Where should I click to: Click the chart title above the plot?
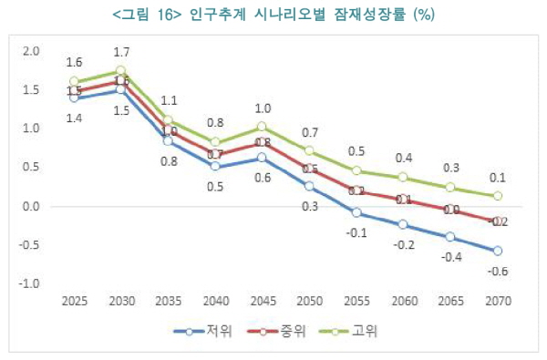pyautogui.click(x=273, y=14)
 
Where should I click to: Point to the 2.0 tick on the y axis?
pyautogui.click(x=31, y=52)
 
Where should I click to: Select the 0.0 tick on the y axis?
pyautogui.click(x=31, y=207)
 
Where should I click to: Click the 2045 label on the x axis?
pyautogui.click(x=261, y=301)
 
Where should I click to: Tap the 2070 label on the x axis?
pyautogui.click(x=498, y=301)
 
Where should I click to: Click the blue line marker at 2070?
pyautogui.click(x=498, y=251)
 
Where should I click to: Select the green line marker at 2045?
pyautogui.click(x=262, y=127)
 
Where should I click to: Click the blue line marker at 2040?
pyautogui.click(x=214, y=166)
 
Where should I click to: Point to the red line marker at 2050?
pyautogui.click(x=309, y=169)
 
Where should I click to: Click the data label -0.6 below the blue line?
pyautogui.click(x=498, y=271)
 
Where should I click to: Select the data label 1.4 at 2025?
pyautogui.click(x=73, y=118)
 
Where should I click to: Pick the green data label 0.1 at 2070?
pyautogui.click(x=498, y=178)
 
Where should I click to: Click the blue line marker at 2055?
pyautogui.click(x=356, y=212)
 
